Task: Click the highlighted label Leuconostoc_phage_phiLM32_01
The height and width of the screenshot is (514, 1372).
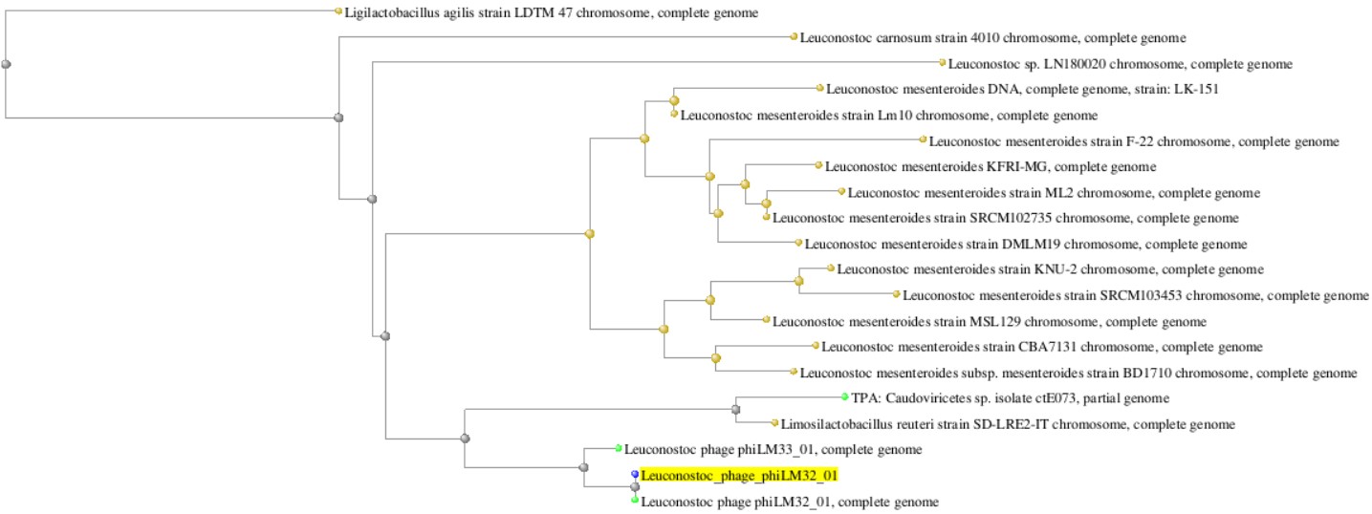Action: click(731, 475)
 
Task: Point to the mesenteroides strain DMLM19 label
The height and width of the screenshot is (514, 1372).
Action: click(1026, 244)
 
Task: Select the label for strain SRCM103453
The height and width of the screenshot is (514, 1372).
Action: click(1136, 295)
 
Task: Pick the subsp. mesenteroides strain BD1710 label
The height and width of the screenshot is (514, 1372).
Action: click(1078, 373)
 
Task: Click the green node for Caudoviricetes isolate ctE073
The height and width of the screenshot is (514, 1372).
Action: click(844, 397)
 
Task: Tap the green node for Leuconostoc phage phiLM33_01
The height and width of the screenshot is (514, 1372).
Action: click(619, 448)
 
